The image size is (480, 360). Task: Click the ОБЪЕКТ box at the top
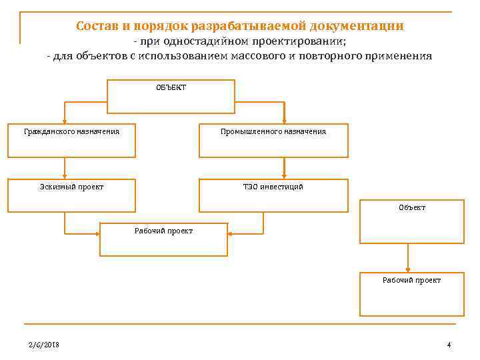(171, 96)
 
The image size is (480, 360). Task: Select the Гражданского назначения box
(72, 140)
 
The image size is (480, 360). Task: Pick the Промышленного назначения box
(273, 140)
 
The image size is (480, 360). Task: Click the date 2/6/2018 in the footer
(43, 344)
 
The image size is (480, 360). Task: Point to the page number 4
(449, 344)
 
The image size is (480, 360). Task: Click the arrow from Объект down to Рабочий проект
(407, 257)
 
